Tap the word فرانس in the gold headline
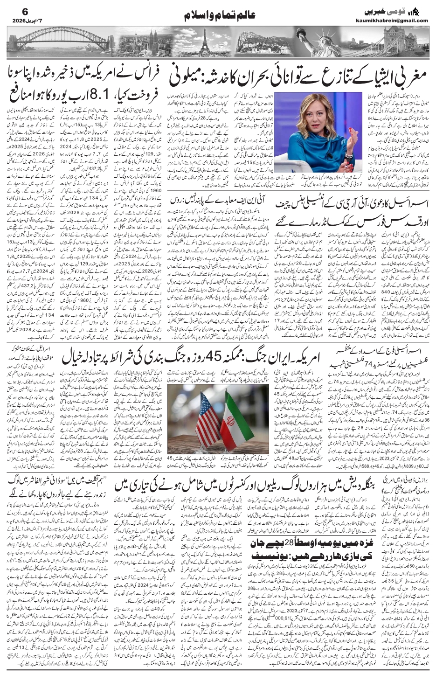(145, 75)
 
